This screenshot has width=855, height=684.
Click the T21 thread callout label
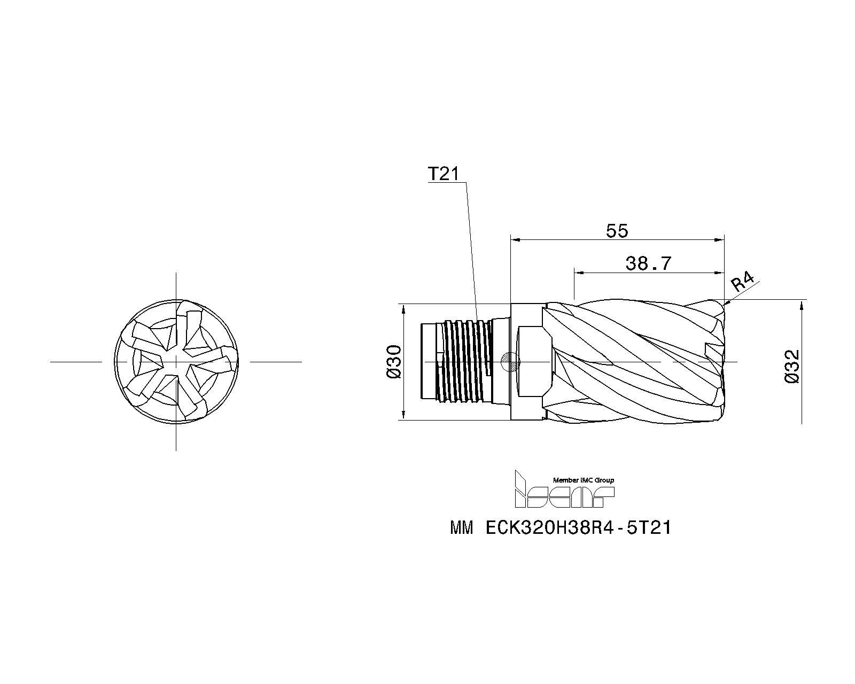tap(444, 174)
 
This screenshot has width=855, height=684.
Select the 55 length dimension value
tap(617, 230)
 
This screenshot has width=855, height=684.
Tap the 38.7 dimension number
tap(648, 263)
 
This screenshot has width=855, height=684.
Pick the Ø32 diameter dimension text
tap(791, 367)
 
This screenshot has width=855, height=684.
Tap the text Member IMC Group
tap(583, 480)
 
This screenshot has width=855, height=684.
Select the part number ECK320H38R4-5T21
tap(579, 528)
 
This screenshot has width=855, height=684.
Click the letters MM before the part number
tap(462, 528)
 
